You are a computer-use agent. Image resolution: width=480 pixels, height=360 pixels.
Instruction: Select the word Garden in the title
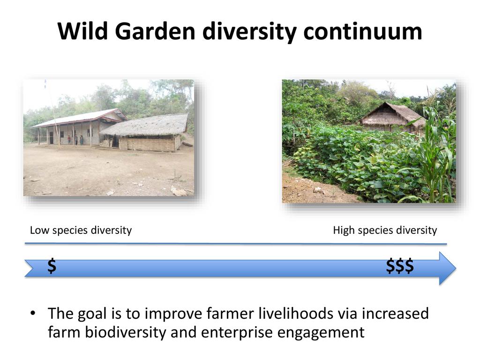click(x=155, y=31)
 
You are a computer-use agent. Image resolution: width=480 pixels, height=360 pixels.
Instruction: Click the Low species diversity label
click(x=81, y=230)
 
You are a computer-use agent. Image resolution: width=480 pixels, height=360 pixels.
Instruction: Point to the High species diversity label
click(x=385, y=230)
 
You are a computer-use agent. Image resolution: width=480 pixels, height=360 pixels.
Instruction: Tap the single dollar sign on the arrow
click(x=52, y=265)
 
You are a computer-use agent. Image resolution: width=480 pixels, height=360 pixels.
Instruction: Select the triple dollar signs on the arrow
click(x=400, y=265)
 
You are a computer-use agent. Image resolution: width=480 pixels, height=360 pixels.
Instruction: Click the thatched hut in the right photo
click(x=392, y=117)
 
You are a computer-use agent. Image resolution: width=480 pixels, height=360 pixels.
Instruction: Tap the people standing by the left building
click(x=75, y=140)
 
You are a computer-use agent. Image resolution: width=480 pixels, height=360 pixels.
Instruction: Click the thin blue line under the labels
click(x=236, y=244)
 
